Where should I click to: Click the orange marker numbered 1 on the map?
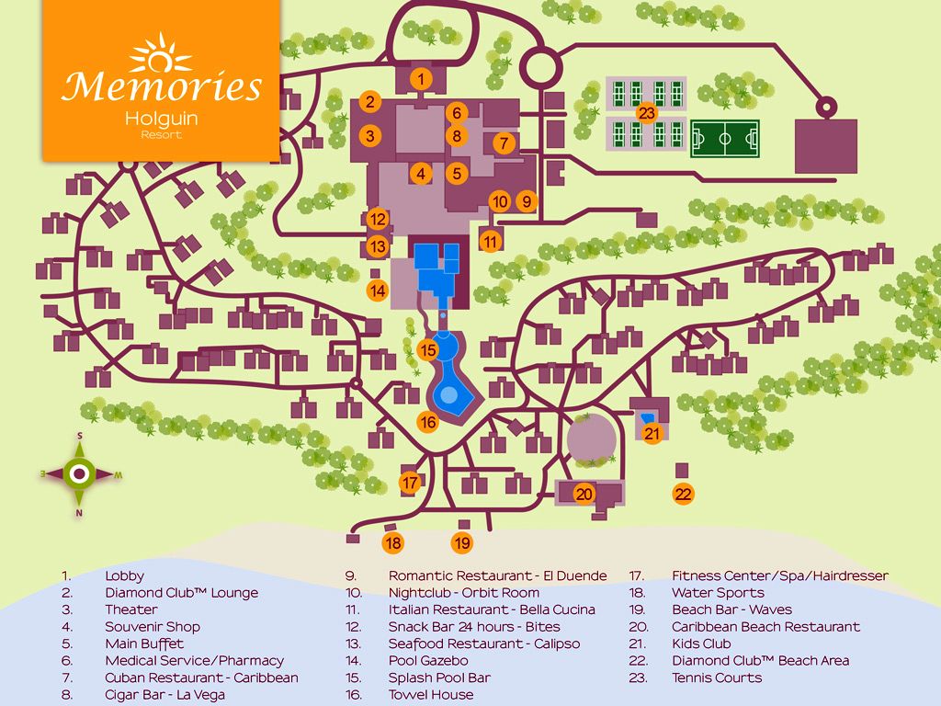tap(421, 79)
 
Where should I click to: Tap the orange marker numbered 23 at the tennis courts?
tap(647, 113)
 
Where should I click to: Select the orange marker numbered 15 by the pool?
tap(427, 350)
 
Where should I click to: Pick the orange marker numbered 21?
tap(652, 434)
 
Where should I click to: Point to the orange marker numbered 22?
tap(683, 494)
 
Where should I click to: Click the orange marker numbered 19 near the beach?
tap(462, 543)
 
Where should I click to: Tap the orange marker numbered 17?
tap(411, 483)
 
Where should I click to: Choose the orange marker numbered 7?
tap(504, 143)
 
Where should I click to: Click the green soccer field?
tap(725, 141)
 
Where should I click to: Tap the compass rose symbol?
tap(80, 473)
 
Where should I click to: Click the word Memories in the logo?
tap(162, 87)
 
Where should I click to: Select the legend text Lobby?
tap(124, 576)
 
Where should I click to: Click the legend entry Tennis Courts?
tap(717, 678)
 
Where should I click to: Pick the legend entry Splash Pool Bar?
tap(439, 678)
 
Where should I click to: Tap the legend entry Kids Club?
tap(701, 643)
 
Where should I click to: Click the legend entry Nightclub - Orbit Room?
tap(463, 593)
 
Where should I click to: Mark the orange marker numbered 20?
tap(584, 494)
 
